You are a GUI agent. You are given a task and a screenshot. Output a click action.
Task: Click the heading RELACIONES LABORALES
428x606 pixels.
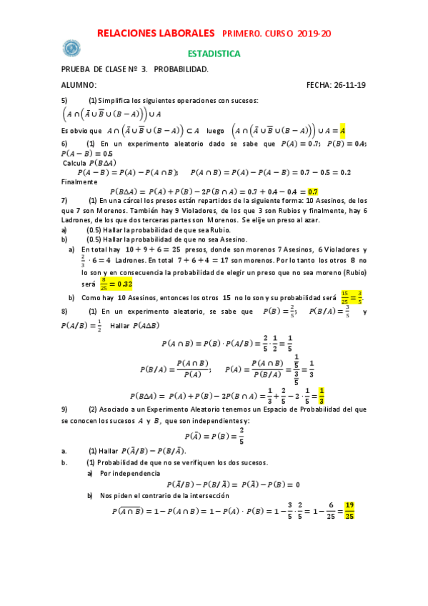(155, 34)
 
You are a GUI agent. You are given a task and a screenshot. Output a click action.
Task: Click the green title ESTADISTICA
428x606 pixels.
(214, 54)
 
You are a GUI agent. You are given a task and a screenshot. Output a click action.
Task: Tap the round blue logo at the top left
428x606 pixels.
(71, 48)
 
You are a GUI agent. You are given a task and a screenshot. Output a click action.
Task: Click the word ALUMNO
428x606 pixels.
(79, 85)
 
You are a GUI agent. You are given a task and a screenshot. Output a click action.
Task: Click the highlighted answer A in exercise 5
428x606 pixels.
(343, 131)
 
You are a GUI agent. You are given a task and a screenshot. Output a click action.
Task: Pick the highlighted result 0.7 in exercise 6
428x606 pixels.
(312, 192)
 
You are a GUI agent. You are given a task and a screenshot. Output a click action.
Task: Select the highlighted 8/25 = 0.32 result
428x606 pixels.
(114, 284)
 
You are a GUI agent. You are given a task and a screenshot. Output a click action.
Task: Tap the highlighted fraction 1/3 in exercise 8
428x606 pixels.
(322, 394)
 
